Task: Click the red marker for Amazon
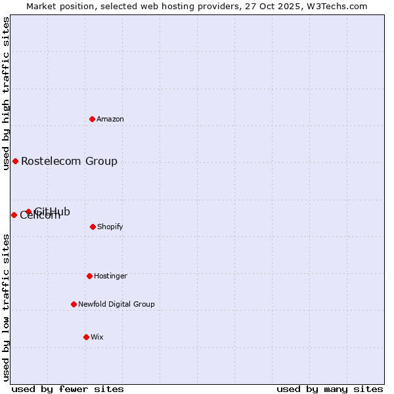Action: point(93,119)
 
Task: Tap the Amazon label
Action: point(110,120)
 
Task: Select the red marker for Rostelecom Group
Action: point(15,161)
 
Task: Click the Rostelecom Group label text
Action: point(69,161)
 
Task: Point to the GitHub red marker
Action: point(28,211)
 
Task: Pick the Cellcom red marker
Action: point(14,215)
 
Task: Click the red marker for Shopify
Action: point(93,227)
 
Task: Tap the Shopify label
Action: point(110,227)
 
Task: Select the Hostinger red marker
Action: point(89,276)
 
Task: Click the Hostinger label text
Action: point(110,276)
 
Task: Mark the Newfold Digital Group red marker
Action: point(74,304)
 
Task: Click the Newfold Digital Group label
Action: point(116,305)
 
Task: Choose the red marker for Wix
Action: point(86,337)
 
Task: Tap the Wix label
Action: point(97,338)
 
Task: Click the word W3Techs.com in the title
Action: point(338,7)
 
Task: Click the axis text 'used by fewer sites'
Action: point(68,389)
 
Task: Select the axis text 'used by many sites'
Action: point(330,389)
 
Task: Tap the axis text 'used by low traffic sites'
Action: point(7,307)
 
